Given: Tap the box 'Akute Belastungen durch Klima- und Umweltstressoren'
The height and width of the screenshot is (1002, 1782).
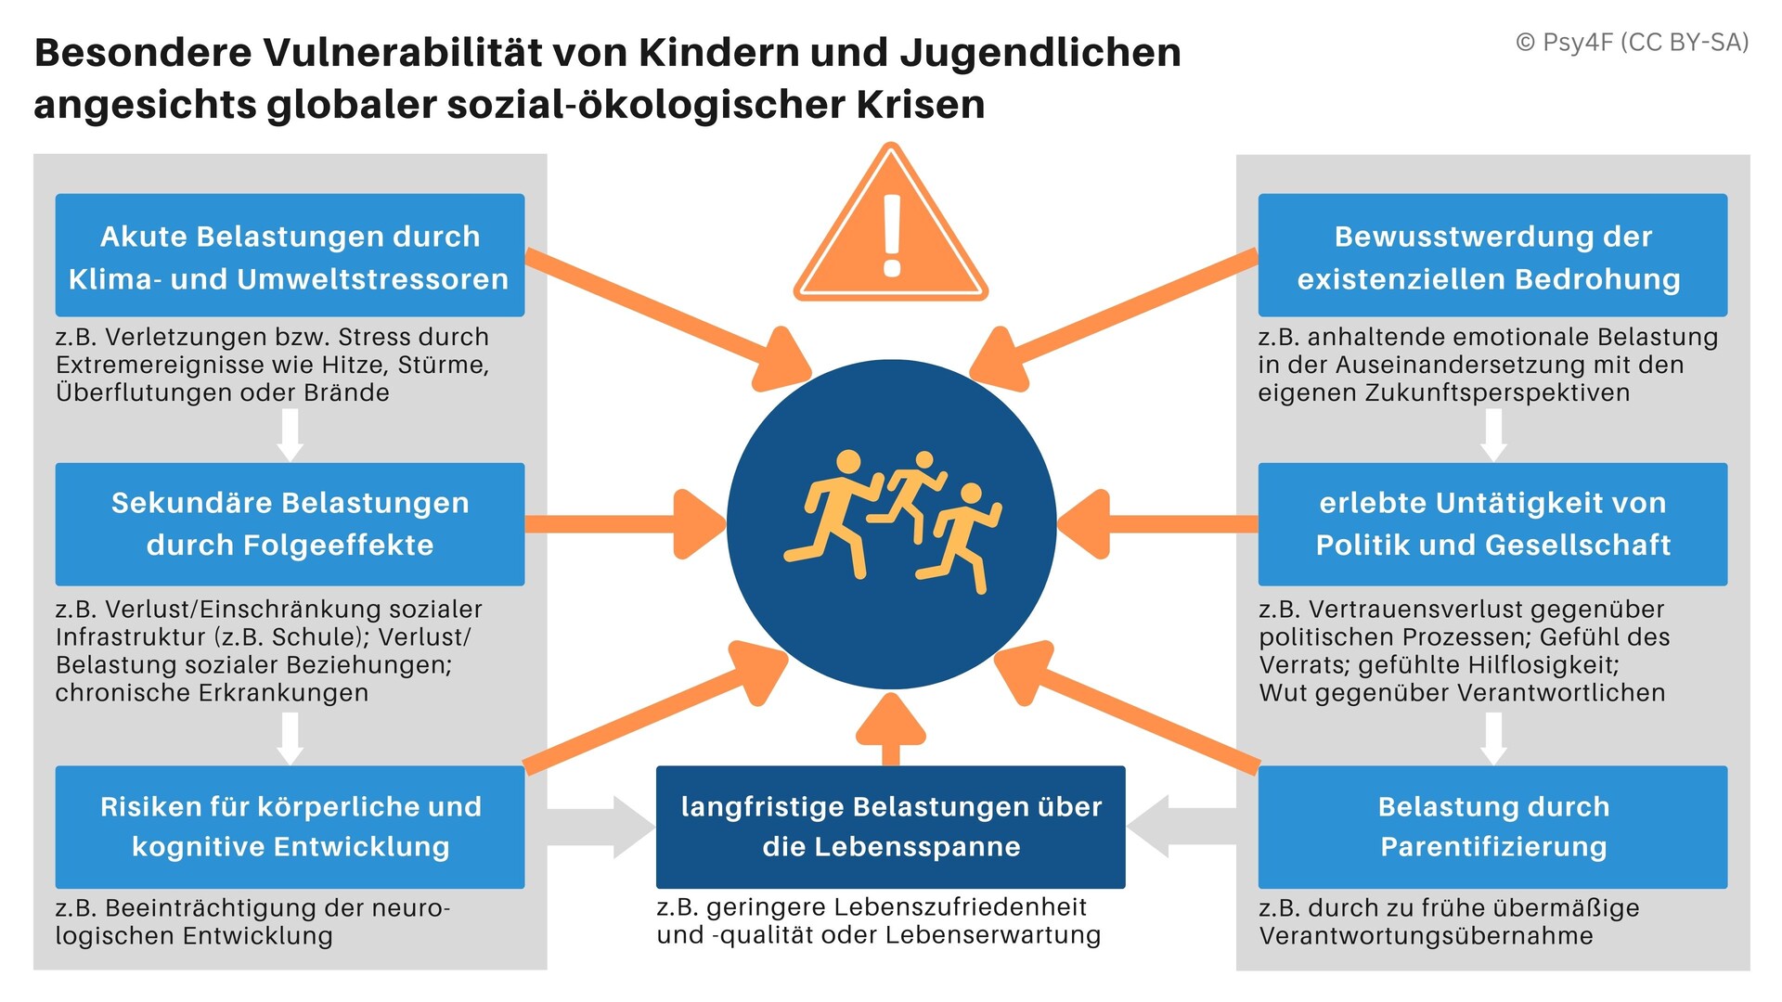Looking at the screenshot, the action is (290, 255).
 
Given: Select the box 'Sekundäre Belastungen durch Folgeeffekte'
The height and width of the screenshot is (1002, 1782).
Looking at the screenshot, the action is (290, 524).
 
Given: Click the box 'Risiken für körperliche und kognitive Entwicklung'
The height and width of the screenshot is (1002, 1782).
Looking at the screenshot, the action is (290, 827).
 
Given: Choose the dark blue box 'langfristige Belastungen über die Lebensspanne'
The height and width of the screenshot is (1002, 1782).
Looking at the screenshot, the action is (891, 827).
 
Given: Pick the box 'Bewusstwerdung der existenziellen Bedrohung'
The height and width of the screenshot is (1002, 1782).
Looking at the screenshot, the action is (1492, 255).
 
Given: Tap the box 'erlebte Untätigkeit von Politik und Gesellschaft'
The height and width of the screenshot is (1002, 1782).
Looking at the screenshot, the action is (1492, 524).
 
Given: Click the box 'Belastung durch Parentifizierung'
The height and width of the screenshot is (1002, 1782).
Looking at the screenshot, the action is (1492, 827).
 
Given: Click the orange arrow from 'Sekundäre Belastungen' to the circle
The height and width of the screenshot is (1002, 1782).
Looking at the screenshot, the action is (625, 524).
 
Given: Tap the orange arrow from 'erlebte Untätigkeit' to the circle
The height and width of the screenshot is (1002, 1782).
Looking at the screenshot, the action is (1157, 524).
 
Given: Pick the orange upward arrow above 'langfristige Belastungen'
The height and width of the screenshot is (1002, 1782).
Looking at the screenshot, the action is (891, 729).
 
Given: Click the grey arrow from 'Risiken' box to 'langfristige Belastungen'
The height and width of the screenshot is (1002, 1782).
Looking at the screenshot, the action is (601, 827).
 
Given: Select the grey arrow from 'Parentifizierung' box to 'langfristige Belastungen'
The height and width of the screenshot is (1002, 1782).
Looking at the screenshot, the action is (1182, 827).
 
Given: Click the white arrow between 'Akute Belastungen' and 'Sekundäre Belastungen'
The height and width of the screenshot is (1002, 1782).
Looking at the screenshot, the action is (291, 435).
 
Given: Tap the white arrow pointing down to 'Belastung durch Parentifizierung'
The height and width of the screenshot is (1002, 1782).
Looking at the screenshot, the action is (1493, 739).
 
